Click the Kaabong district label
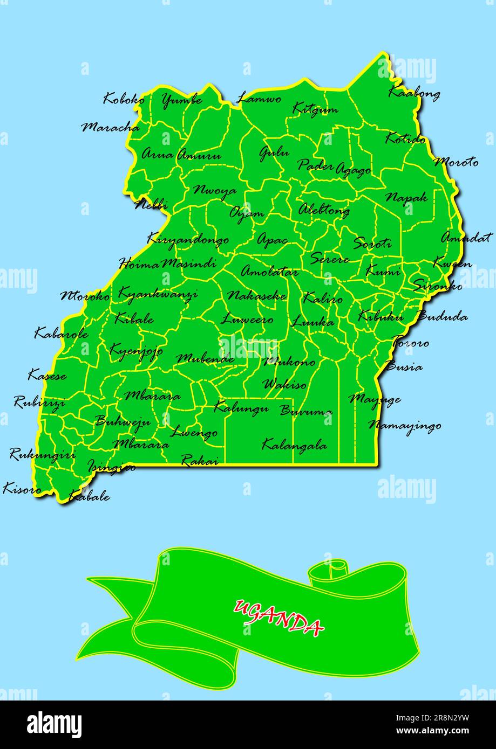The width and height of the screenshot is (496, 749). pyautogui.click(x=414, y=93)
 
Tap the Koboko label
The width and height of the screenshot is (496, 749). pyautogui.click(x=124, y=99)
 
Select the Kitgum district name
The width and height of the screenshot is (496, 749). pyautogui.click(x=315, y=109)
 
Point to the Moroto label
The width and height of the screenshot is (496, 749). pyautogui.click(x=456, y=162)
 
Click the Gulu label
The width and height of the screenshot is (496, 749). pyautogui.click(x=274, y=153)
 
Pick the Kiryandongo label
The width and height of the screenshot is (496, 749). pyautogui.click(x=187, y=240)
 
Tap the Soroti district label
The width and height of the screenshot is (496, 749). pyautogui.click(x=372, y=243)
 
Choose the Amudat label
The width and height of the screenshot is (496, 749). pyautogui.click(x=466, y=237)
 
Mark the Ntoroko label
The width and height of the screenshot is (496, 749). pyautogui.click(x=85, y=295)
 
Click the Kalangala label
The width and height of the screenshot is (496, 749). pyautogui.click(x=294, y=445)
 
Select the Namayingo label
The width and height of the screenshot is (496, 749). pyautogui.click(x=405, y=426)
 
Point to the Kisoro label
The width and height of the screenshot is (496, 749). pyautogui.click(x=22, y=489)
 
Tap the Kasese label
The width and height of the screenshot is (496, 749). pyautogui.click(x=47, y=374)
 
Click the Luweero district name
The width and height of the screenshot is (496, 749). pyautogui.click(x=247, y=320)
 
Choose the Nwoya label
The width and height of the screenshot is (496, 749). pyautogui.click(x=215, y=191)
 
